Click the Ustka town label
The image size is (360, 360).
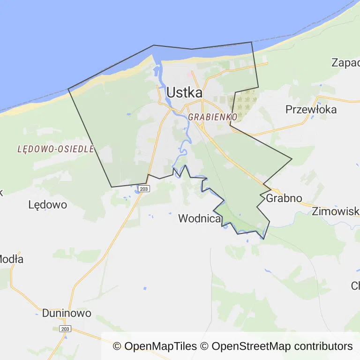point(184,92)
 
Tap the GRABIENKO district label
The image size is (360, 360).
point(212,117)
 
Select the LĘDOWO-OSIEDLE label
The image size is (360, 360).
point(56,149)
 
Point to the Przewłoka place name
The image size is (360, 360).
point(311,109)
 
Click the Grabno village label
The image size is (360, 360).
point(284,198)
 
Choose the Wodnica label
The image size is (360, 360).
point(199,218)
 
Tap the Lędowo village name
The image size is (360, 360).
point(47,205)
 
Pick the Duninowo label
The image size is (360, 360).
point(67,313)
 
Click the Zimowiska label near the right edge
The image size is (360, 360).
point(336,211)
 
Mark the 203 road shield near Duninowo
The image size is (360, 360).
point(65,329)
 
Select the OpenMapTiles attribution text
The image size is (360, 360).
point(155,346)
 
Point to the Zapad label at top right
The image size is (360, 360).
point(345,62)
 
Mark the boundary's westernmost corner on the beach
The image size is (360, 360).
point(68,89)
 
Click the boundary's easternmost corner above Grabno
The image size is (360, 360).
point(292,158)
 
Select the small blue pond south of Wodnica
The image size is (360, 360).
point(144,288)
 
